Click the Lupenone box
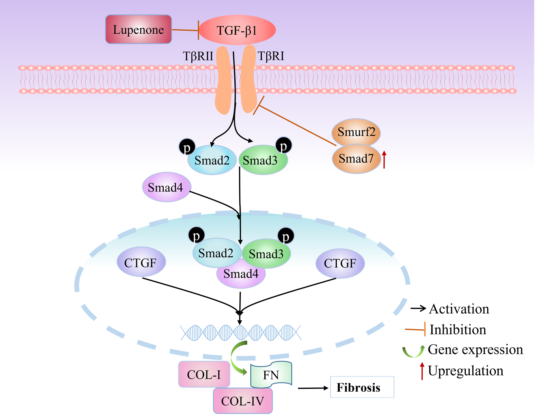(138, 29)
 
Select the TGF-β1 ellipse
(237, 30)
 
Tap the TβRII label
(198, 56)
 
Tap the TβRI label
(271, 56)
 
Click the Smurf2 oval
(356, 132)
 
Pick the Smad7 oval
(356, 159)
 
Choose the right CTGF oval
(340, 263)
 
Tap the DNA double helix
(241, 333)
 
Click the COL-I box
(204, 375)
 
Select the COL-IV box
(243, 401)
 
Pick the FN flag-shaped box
(271, 375)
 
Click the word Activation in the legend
(459, 309)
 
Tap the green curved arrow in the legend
(413, 351)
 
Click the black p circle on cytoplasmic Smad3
(284, 145)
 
